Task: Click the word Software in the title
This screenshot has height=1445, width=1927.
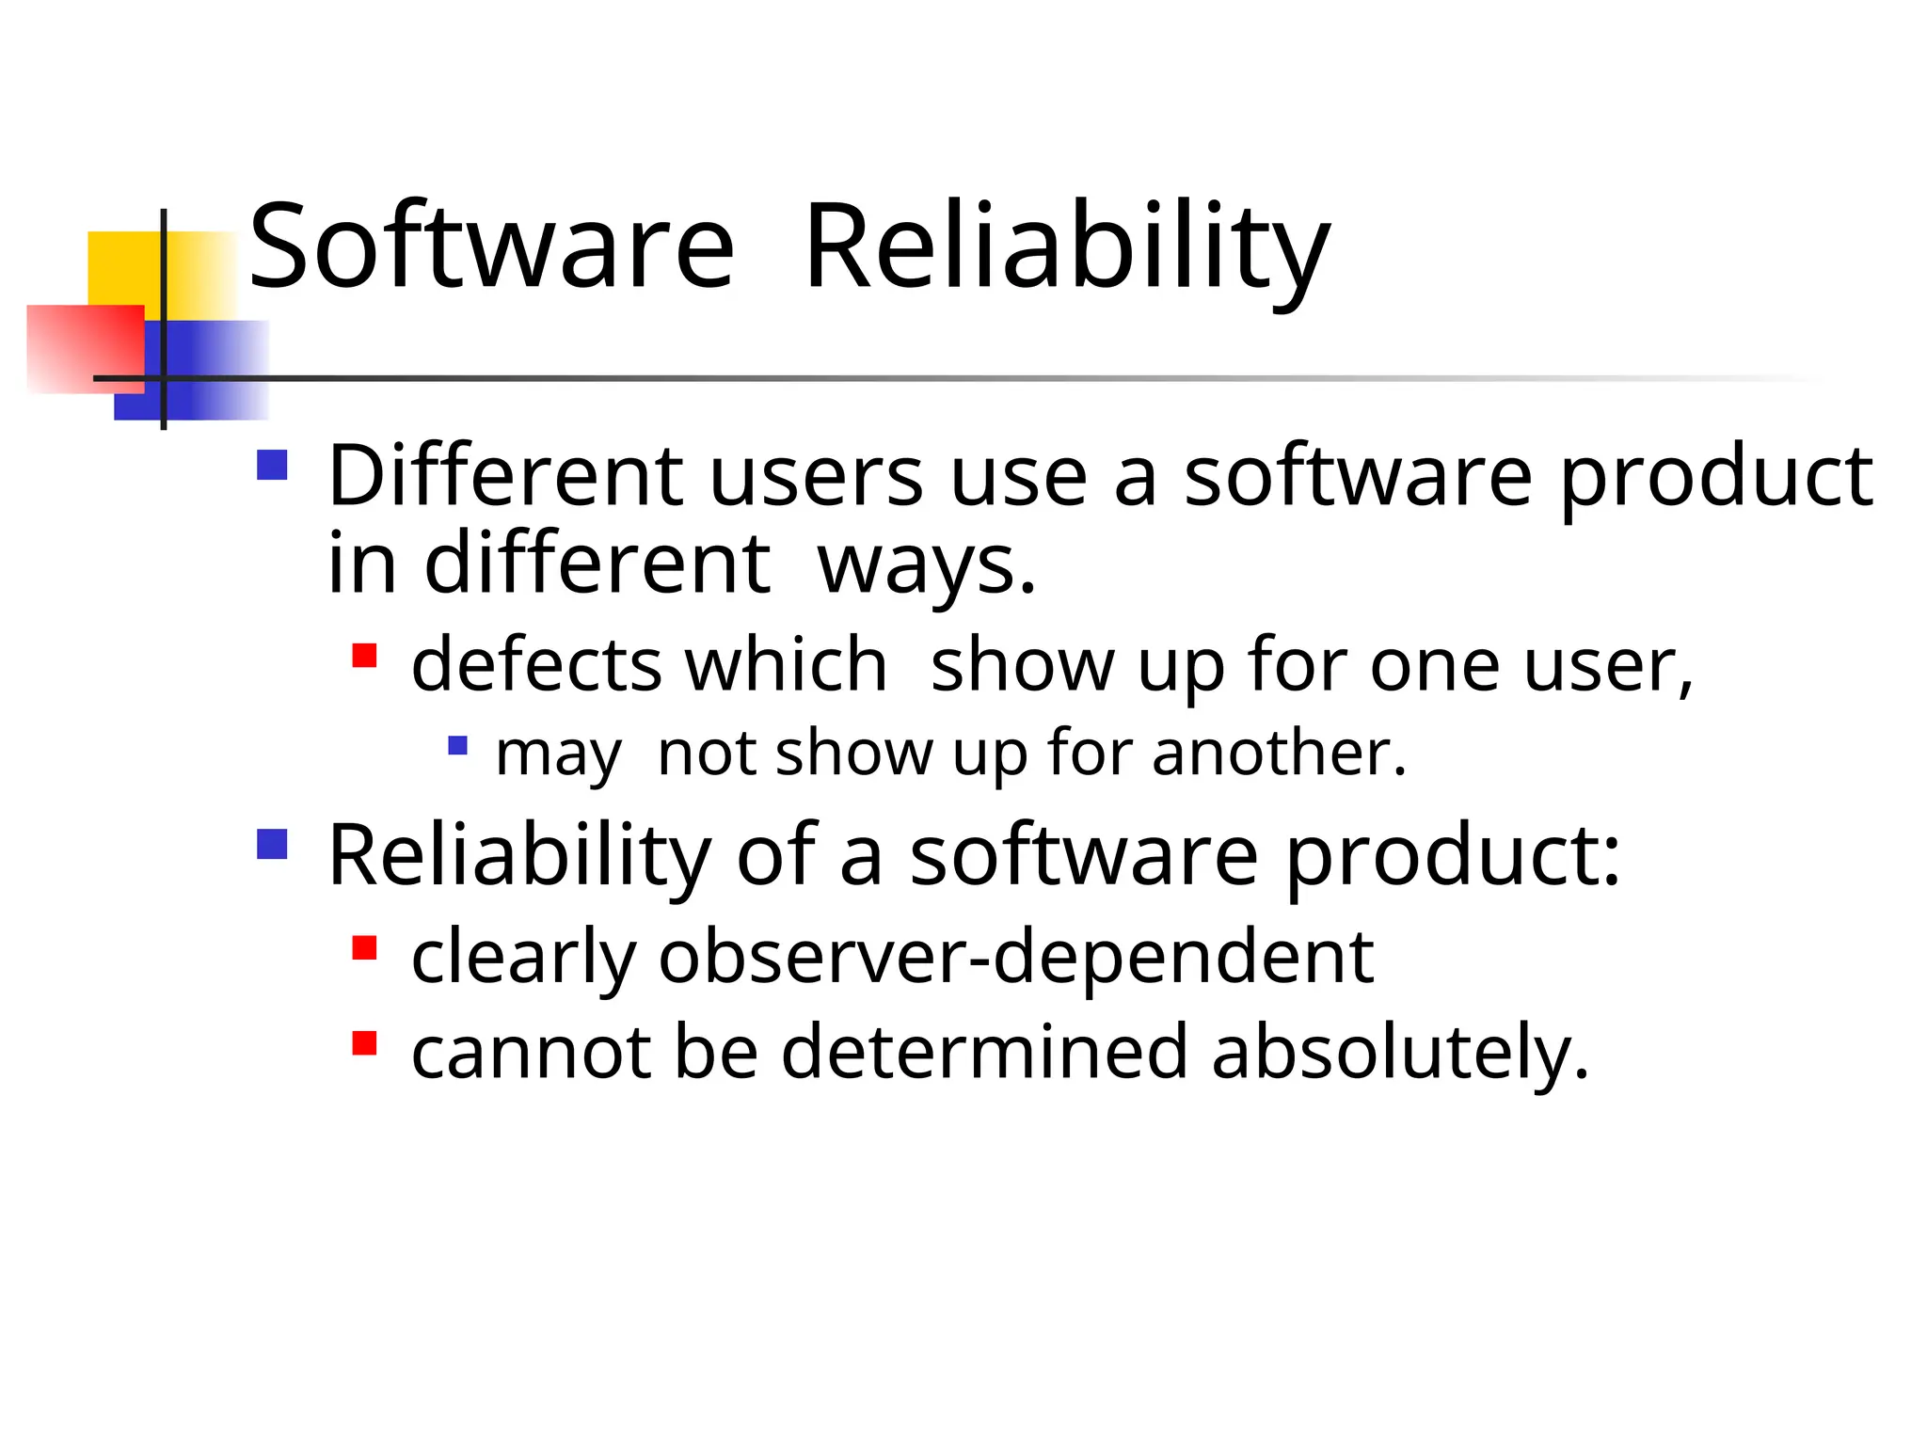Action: [490, 246]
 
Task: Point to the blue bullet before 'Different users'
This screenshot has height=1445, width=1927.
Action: [272, 465]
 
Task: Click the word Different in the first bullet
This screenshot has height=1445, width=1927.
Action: [505, 476]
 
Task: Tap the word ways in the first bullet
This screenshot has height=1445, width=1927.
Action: [926, 564]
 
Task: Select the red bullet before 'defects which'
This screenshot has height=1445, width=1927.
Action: [364, 655]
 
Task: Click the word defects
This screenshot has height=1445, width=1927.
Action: [537, 664]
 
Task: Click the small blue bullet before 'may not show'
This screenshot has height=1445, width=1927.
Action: [457, 746]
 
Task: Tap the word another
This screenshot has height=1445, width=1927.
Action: [1279, 753]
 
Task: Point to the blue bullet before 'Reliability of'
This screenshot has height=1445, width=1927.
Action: [272, 844]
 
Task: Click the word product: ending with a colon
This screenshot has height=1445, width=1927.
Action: [1453, 856]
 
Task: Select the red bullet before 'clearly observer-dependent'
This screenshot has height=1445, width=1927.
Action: [364, 946]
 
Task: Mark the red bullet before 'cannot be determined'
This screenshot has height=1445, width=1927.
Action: [364, 1043]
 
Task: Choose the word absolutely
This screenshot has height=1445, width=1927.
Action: [1400, 1052]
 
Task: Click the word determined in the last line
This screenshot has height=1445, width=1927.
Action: [984, 1052]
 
